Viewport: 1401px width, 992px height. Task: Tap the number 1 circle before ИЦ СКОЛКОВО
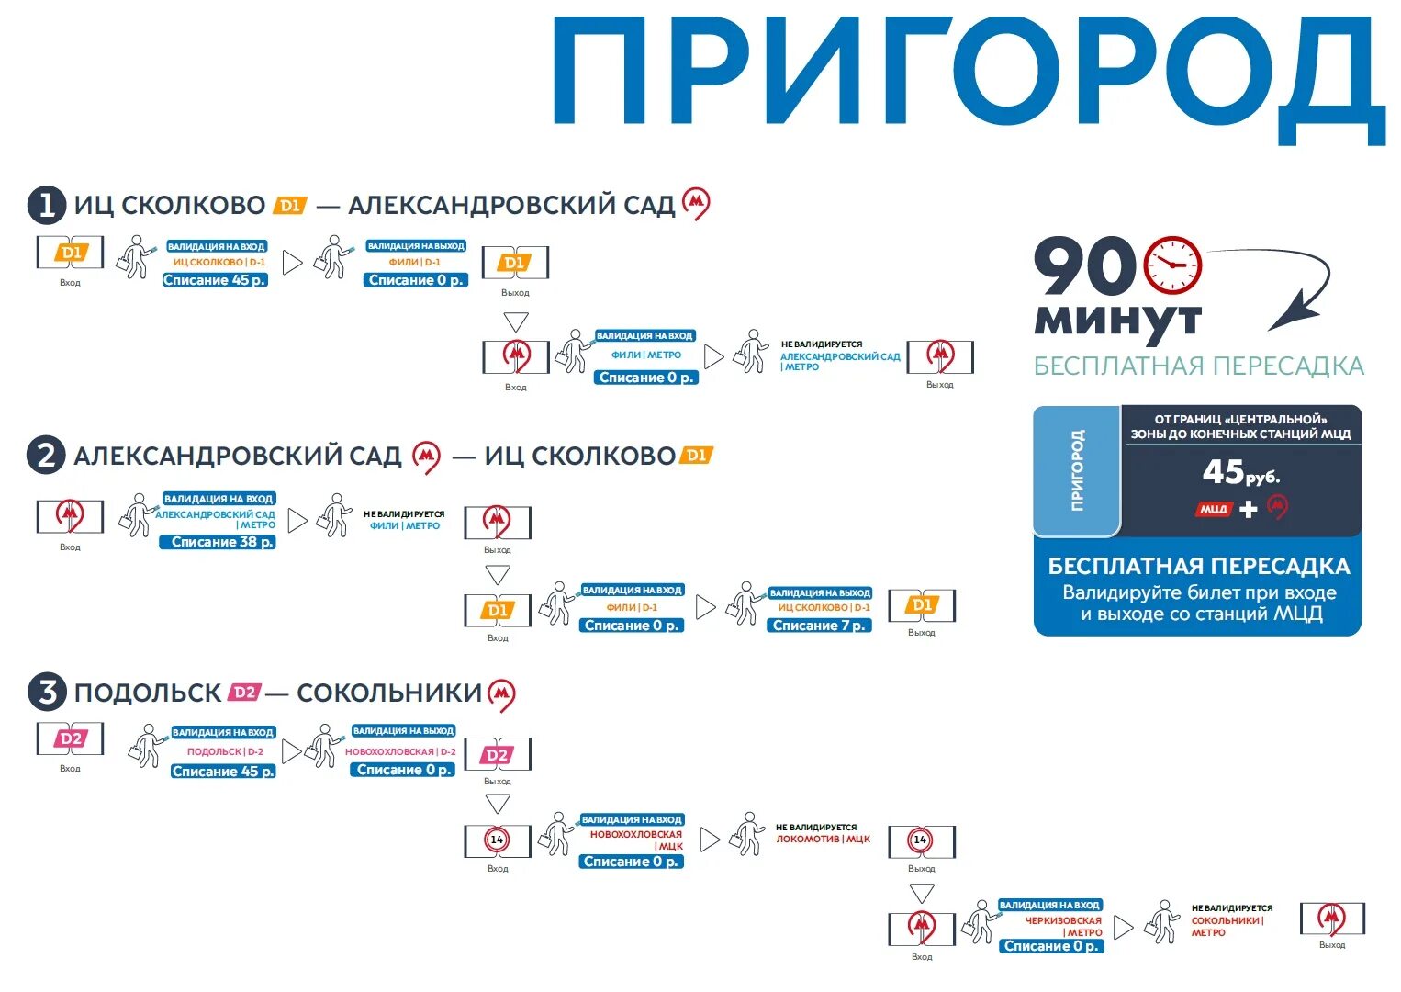[47, 205]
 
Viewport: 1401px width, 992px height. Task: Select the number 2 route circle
[47, 456]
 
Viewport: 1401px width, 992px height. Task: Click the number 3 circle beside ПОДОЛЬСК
[47, 692]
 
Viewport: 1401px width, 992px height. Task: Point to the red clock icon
[1172, 265]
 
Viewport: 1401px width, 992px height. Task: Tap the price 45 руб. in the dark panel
[1240, 473]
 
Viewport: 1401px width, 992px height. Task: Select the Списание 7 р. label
[819, 626]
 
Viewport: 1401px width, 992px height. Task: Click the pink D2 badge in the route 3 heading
[244, 692]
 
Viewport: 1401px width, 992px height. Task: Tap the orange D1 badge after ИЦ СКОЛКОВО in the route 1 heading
[290, 205]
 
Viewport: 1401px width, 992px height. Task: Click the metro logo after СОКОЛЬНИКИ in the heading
[501, 694]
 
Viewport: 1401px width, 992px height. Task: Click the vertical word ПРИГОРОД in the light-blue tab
[1077, 470]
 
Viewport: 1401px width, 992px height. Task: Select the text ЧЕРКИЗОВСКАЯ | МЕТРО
[1063, 926]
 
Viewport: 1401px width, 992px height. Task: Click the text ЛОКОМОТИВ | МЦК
[824, 839]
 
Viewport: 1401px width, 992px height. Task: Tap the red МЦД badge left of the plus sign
[1214, 509]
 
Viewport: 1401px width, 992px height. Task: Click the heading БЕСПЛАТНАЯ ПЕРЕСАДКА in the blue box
[1199, 566]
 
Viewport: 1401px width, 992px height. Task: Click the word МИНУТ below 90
[1117, 321]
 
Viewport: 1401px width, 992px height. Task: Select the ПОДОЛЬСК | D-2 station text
[225, 751]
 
